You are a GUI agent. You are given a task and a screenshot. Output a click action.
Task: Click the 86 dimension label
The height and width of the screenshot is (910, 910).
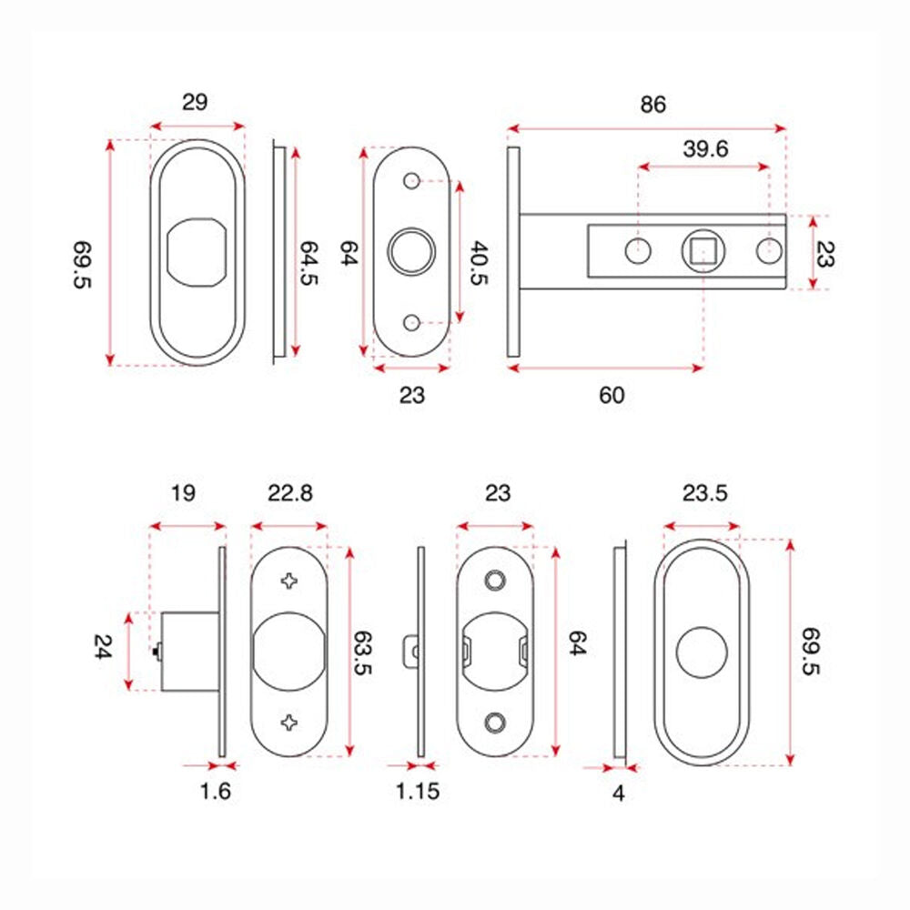pos(652,105)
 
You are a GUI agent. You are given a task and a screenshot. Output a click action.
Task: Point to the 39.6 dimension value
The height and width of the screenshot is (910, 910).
pos(704,149)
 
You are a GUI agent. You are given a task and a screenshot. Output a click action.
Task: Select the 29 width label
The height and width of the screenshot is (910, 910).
pos(195,102)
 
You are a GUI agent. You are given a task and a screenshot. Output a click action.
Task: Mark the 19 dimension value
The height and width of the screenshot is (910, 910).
pos(182,493)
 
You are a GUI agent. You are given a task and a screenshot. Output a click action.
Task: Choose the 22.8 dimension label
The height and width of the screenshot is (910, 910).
pos(289,493)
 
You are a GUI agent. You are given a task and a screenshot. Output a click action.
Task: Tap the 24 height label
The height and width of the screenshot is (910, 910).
pos(102,648)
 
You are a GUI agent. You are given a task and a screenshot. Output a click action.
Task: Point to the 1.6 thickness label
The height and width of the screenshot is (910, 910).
pos(216,791)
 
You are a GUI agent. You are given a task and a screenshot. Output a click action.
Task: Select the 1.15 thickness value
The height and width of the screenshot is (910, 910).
pos(418,791)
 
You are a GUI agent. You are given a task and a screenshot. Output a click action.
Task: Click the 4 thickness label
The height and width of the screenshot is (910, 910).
pos(619,793)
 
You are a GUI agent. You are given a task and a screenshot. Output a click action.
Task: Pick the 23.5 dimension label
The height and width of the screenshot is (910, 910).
pos(703,493)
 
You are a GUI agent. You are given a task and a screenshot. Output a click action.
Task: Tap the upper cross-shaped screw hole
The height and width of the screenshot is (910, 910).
pos(289,580)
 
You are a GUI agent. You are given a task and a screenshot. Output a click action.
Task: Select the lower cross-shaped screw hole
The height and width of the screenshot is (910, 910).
pos(289,723)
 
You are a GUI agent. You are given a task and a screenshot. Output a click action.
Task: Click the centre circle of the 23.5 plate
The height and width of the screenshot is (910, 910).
pos(701,652)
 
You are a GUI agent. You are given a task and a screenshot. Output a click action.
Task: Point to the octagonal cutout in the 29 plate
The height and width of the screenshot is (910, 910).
pos(197,251)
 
